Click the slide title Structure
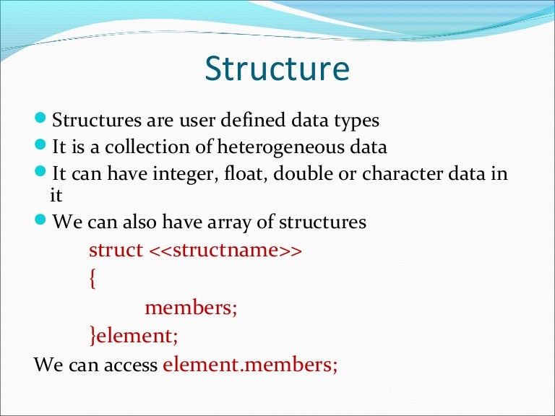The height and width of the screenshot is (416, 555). (x=277, y=69)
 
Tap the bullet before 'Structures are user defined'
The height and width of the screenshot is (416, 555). (x=42, y=117)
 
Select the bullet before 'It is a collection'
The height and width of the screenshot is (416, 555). (x=42, y=145)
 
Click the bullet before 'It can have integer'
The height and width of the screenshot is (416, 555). (x=42, y=173)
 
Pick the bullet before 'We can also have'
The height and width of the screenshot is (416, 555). (x=42, y=220)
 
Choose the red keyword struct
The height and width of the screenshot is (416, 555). (x=116, y=251)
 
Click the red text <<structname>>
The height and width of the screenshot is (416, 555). (x=225, y=251)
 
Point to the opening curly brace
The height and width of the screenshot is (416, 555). (x=92, y=279)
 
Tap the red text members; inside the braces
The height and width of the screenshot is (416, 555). (x=191, y=308)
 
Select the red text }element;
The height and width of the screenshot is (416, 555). (x=133, y=336)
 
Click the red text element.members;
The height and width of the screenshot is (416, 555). (x=250, y=364)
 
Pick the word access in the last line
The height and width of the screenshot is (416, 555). (x=129, y=365)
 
